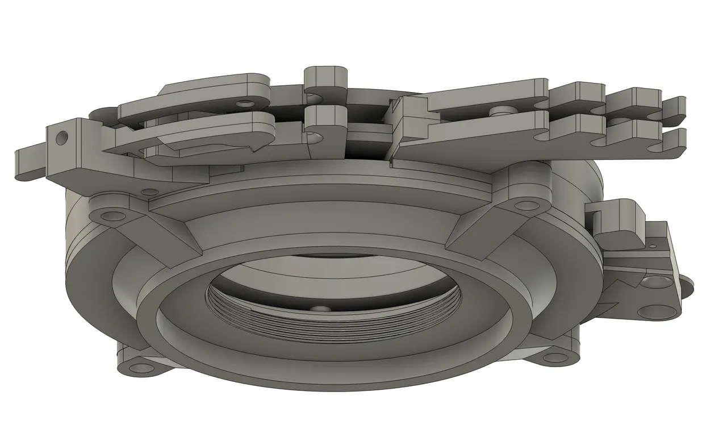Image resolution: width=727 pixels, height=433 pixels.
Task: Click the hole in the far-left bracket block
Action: (x=61, y=136)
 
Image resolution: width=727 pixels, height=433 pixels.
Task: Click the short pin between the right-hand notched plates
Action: (x=499, y=110)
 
